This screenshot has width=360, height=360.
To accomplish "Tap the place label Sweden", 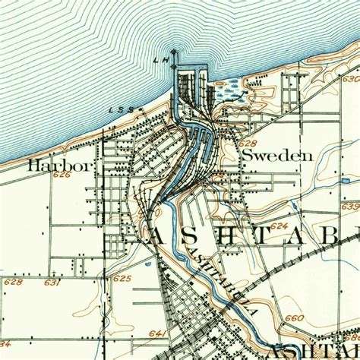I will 277,155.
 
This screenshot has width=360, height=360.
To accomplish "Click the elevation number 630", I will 350,79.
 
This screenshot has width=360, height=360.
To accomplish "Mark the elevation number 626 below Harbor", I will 62,175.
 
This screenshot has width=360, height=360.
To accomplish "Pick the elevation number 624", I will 279,226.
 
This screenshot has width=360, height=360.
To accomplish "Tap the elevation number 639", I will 350,206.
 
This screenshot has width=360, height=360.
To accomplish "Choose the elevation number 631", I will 52,283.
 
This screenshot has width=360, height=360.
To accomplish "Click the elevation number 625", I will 122,279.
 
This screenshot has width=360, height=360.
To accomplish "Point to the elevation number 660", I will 294,317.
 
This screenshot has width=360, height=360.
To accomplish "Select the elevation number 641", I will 157,333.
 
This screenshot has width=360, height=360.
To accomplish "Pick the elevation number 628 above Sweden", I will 248,143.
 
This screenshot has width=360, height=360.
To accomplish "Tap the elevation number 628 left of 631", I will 13,283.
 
